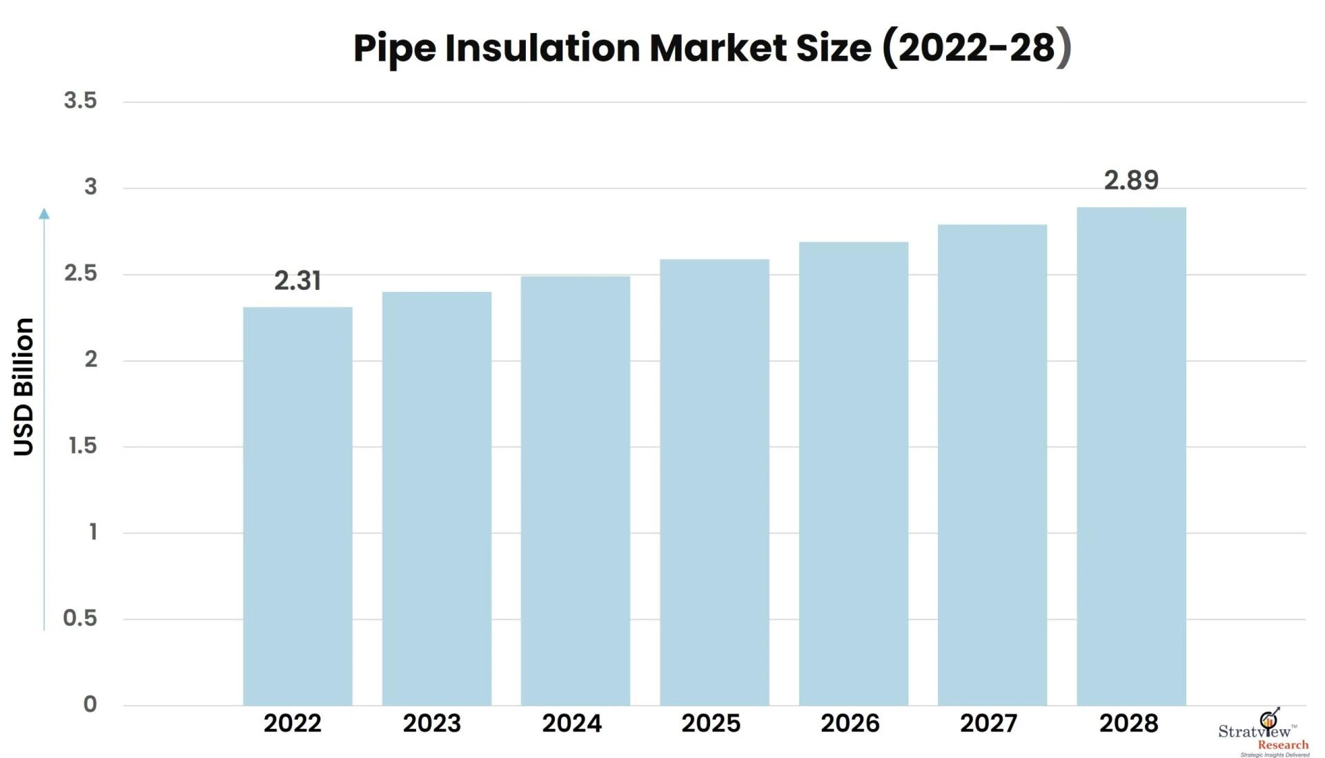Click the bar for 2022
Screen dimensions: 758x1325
click(x=297, y=506)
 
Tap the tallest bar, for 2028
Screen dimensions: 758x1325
click(x=1131, y=456)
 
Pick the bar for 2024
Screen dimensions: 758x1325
click(x=575, y=490)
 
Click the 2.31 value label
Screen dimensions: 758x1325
click(x=297, y=281)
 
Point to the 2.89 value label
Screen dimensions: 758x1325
click(x=1131, y=180)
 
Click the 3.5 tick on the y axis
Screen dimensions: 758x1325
click(x=80, y=101)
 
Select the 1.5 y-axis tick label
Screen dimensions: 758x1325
click(x=82, y=446)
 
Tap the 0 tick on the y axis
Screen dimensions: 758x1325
click(x=90, y=704)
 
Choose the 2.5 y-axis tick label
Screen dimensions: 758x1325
click(x=80, y=273)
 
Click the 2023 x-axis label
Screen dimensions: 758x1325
click(x=432, y=723)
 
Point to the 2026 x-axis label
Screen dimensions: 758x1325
click(x=850, y=723)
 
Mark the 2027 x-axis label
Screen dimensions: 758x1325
click(x=988, y=723)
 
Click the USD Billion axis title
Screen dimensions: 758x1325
click(x=23, y=387)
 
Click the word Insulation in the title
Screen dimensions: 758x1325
click(x=542, y=48)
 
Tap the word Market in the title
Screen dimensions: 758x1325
click(x=718, y=48)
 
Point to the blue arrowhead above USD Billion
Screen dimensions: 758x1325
click(x=44, y=214)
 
